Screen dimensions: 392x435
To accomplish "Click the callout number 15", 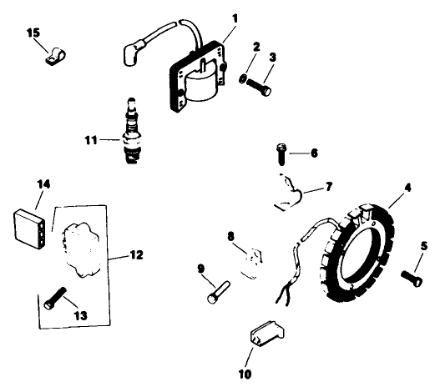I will (x=33, y=33).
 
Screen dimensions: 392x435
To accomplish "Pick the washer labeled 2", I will (x=242, y=80).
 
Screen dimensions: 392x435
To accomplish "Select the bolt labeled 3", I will (x=261, y=84).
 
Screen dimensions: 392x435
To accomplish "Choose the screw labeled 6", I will (x=281, y=153).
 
